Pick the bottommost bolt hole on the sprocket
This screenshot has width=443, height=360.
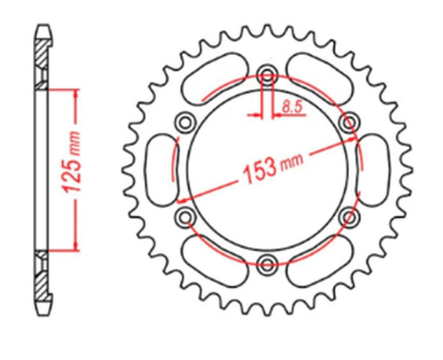tap(267, 262)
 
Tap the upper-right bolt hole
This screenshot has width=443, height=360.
tap(348, 122)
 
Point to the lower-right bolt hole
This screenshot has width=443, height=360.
tap(348, 216)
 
